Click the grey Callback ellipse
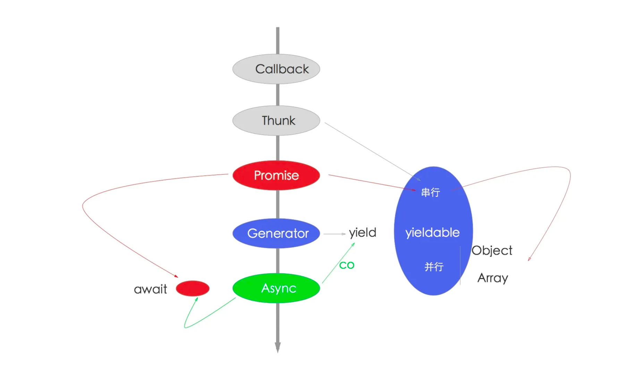pyautogui.click(x=276, y=69)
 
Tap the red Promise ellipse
pyautogui.click(x=276, y=175)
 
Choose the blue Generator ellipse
pyautogui.click(x=276, y=233)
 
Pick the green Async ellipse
pyautogui.click(x=276, y=288)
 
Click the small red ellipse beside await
pyautogui.click(x=193, y=288)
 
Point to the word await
pyautogui.click(x=150, y=289)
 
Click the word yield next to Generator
pyautogui.click(x=363, y=233)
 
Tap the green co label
pyautogui.click(x=347, y=265)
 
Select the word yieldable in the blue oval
pyautogui.click(x=432, y=233)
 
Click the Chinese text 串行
pyautogui.click(x=430, y=192)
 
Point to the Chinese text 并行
pyautogui.click(x=434, y=267)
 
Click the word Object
pyautogui.click(x=492, y=251)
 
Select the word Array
pyautogui.click(x=493, y=278)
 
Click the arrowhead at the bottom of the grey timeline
pyautogui.click(x=278, y=347)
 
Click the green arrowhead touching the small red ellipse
pyautogui.click(x=196, y=299)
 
